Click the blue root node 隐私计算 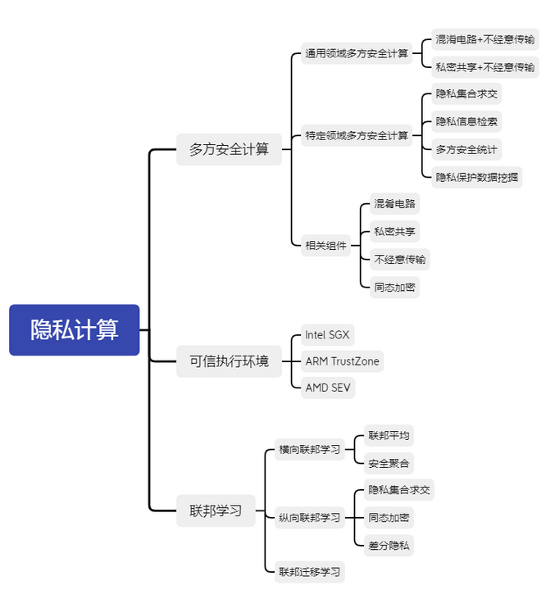(75, 330)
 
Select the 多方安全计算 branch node (229, 149)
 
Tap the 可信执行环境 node (229, 361)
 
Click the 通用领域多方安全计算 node (357, 53)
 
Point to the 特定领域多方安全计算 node (357, 135)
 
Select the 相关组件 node (326, 244)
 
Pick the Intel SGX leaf (327, 334)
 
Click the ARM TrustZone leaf (342, 361)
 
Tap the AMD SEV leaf (328, 387)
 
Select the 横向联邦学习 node (309, 449)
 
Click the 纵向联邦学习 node (309, 517)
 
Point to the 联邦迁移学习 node (309, 571)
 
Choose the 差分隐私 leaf (389, 545)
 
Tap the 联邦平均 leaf (389, 435)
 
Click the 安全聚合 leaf (389, 463)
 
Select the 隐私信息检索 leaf (466, 121)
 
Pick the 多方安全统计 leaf (466, 148)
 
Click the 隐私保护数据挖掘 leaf (477, 176)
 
